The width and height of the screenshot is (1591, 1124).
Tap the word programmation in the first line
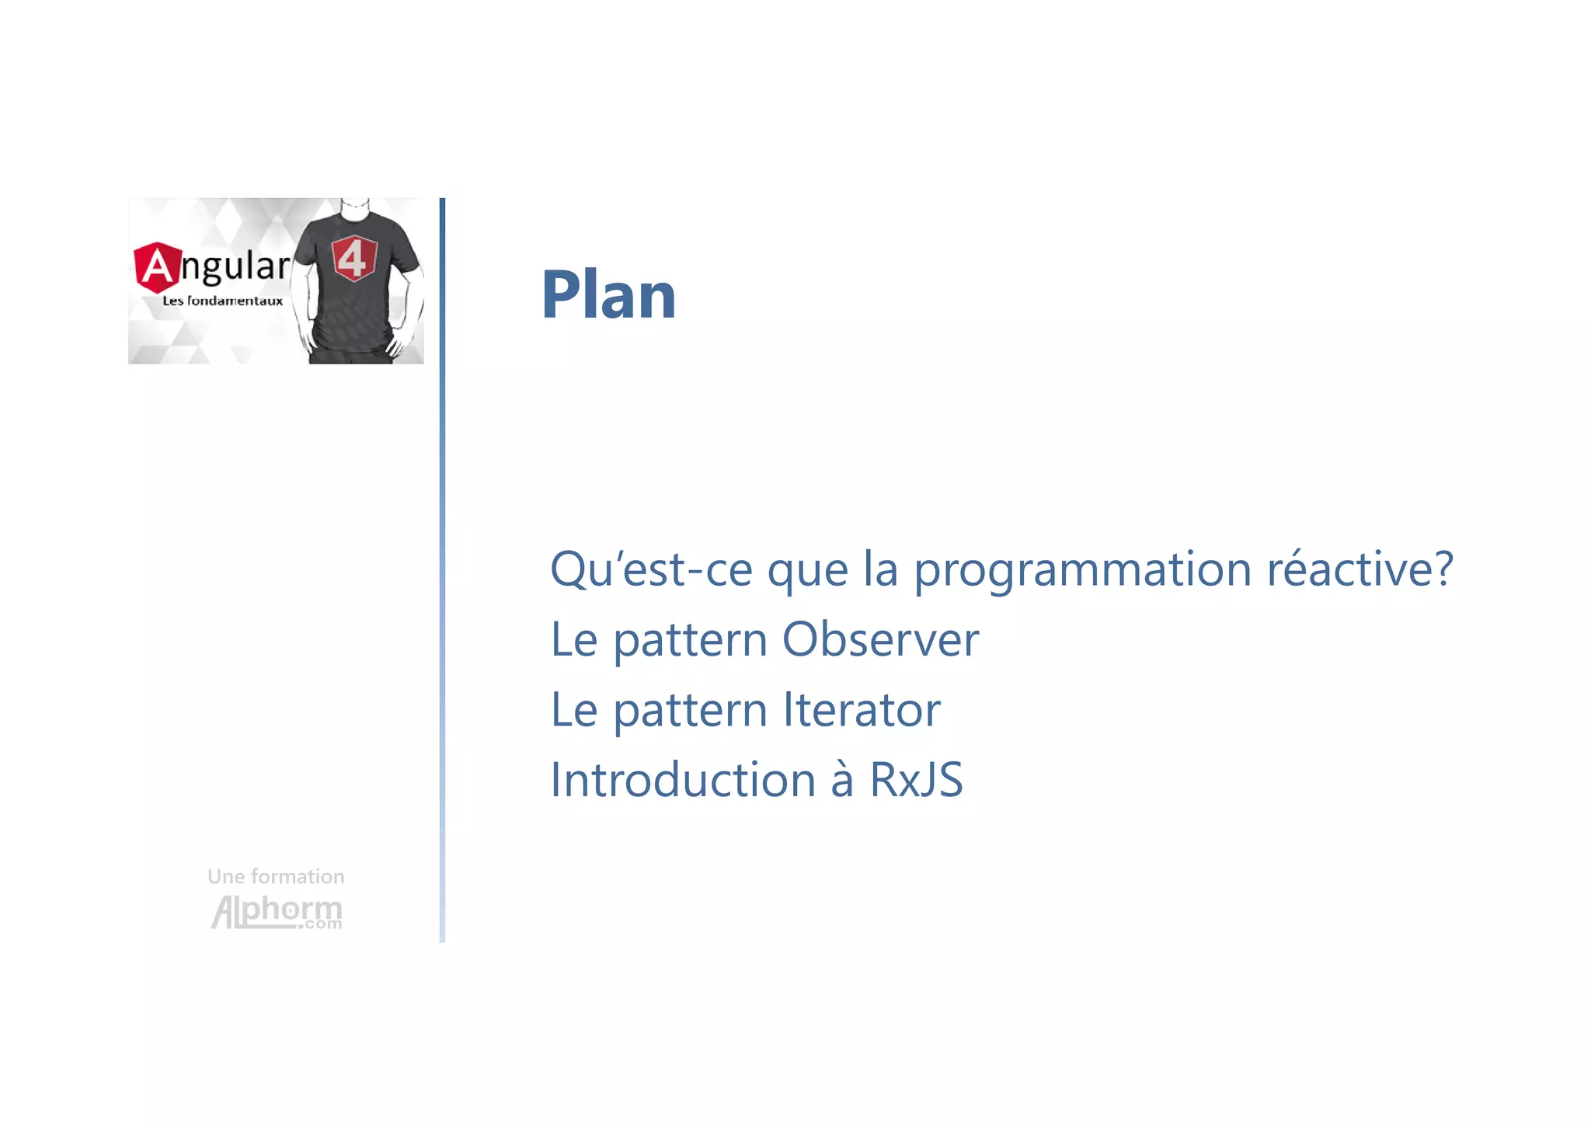coord(1082,570)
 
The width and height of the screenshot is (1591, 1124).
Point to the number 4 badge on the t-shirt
coord(354,259)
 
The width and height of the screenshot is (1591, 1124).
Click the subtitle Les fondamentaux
coord(222,301)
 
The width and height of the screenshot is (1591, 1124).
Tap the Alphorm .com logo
coord(277,912)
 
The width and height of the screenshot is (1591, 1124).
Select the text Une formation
coord(276,876)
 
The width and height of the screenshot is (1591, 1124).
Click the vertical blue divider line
coord(442,570)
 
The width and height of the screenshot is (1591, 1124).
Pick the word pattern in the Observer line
coord(691,641)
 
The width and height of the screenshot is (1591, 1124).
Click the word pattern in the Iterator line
coord(691,711)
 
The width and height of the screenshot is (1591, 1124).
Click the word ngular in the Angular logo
coord(235,267)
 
